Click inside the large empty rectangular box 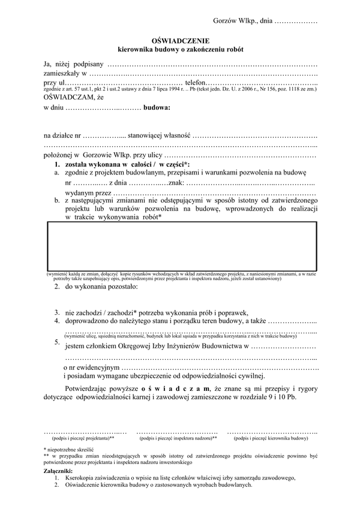pyautogui.click(x=180, y=246)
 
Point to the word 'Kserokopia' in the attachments pyautogui.click(x=83, y=478)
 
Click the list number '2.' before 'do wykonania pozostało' pyautogui.click(x=56, y=287)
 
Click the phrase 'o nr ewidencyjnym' pyautogui.click(x=91, y=367)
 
